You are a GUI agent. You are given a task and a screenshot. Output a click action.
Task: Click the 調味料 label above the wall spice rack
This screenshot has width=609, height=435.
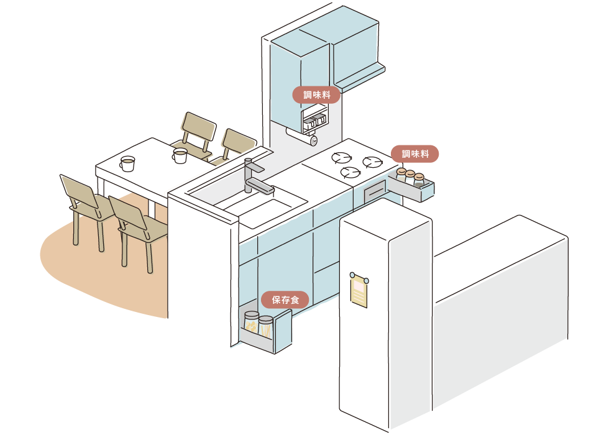316,95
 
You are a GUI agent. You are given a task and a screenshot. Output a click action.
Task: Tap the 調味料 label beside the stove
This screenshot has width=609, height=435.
414,153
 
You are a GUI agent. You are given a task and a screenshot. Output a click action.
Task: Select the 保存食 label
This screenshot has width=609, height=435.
285,300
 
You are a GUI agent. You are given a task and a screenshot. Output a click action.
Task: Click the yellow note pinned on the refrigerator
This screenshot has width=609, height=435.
360,290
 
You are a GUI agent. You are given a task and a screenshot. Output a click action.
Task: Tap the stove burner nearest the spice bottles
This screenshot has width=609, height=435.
373,163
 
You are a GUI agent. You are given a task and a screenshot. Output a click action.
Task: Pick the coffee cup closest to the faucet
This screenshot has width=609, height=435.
180,155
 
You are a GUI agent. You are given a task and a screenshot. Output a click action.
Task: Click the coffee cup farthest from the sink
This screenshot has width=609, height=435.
127,163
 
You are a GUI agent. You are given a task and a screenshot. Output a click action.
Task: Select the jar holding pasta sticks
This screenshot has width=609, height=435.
266,327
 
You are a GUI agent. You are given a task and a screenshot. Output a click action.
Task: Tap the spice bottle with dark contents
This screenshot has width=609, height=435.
420,180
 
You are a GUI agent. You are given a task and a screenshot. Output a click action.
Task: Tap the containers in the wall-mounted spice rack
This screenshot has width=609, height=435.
314,122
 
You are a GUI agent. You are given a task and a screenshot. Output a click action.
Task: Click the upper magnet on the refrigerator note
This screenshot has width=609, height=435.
352,274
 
